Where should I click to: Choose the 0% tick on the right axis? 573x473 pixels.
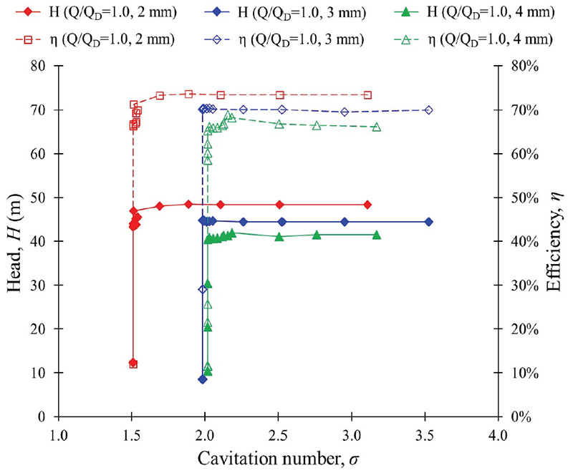[516, 416]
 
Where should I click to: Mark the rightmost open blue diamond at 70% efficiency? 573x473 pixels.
[428, 110]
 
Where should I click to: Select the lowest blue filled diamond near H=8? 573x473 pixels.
[203, 379]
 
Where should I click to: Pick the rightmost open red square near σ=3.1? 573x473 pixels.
[367, 95]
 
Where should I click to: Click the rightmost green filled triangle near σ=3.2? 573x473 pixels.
[376, 235]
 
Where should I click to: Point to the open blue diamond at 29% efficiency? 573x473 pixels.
[203, 289]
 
